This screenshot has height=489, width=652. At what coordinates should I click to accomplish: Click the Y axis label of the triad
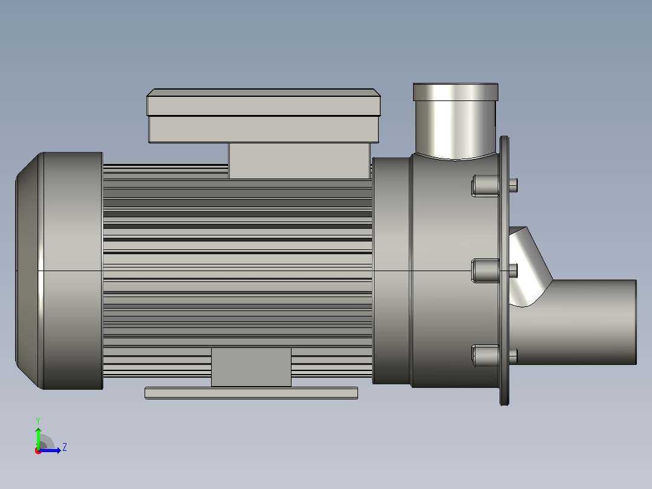[38, 421]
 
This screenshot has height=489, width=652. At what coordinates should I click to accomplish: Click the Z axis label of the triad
[65, 447]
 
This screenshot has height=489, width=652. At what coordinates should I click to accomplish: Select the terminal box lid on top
[264, 102]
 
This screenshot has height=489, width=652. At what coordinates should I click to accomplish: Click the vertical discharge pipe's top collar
[456, 92]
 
